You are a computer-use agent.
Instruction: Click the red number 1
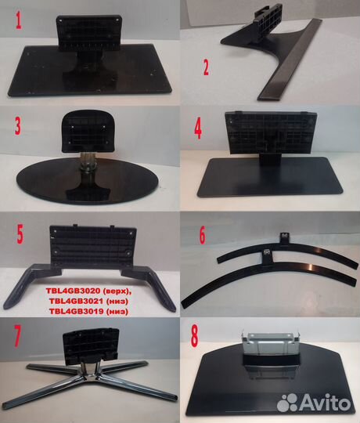pyautogui.click(x=18, y=20)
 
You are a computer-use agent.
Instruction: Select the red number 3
pyautogui.click(x=18, y=126)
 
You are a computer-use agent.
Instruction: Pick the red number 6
pyautogui.click(x=202, y=235)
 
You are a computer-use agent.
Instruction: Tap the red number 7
pyautogui.click(x=17, y=336)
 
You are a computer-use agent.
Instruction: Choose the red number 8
pyautogui.click(x=194, y=336)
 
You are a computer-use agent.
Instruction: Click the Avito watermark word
pyautogui.click(x=326, y=403)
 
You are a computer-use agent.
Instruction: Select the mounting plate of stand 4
pyautogui.click(x=271, y=132)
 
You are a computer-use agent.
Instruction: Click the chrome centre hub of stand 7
pyautogui.click(x=90, y=372)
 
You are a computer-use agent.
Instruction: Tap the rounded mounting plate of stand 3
pyautogui.click(x=89, y=132)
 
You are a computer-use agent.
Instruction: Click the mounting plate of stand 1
pyautogui.click(x=89, y=33)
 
